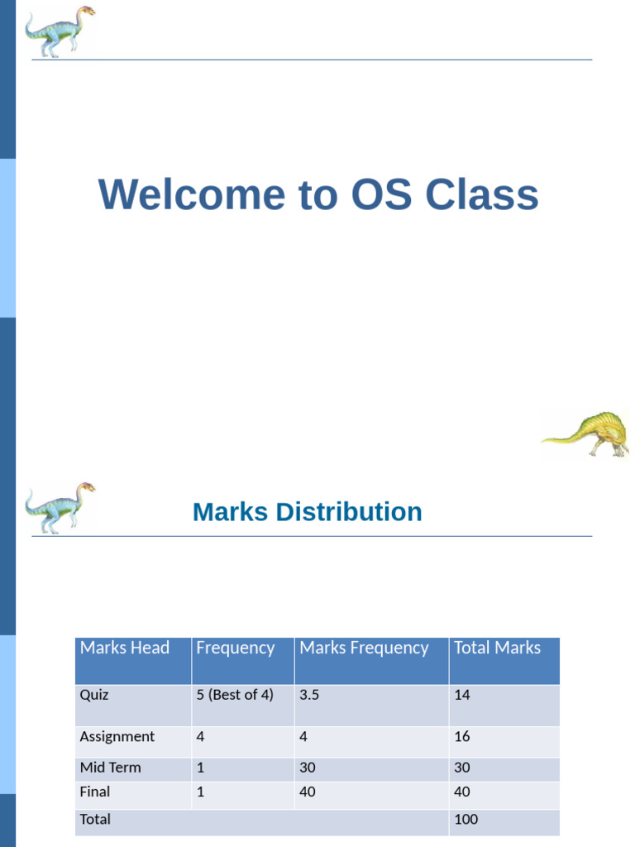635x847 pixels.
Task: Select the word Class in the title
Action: pyautogui.click(x=482, y=195)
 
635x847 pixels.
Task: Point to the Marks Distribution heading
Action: pyautogui.click(x=307, y=512)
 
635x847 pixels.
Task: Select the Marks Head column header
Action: pyautogui.click(x=124, y=648)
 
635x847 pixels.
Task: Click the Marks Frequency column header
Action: pyautogui.click(x=364, y=648)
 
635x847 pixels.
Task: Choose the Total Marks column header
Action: pyautogui.click(x=497, y=648)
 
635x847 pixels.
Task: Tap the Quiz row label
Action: pyautogui.click(x=94, y=695)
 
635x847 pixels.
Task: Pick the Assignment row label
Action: pyautogui.click(x=117, y=736)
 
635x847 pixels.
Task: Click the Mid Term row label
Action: pyautogui.click(x=110, y=767)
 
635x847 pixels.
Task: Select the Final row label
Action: pyautogui.click(x=94, y=792)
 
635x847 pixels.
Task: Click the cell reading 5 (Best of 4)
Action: pyautogui.click(x=234, y=695)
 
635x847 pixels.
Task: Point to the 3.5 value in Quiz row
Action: pyautogui.click(x=309, y=695)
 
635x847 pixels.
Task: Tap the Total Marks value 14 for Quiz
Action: pyautogui.click(x=461, y=695)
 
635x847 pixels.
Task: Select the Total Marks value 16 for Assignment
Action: pyautogui.click(x=461, y=736)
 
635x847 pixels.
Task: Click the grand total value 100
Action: pyautogui.click(x=466, y=820)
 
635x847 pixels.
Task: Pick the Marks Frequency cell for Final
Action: pyautogui.click(x=308, y=792)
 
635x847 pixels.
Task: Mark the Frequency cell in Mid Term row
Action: pyautogui.click(x=200, y=767)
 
